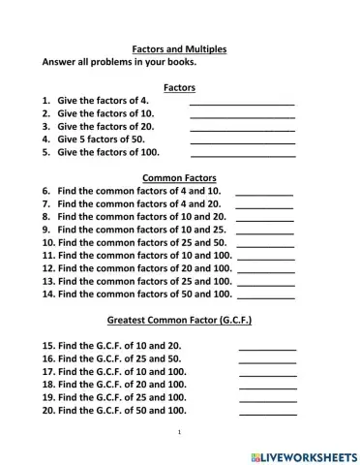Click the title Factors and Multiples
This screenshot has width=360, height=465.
tap(179, 47)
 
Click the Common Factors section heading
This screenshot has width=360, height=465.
tap(179, 178)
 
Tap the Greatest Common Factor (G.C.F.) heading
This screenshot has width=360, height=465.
tap(179, 320)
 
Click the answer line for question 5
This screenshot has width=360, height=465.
tap(243, 154)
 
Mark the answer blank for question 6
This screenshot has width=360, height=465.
tap(264, 194)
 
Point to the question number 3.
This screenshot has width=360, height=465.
tap(45, 126)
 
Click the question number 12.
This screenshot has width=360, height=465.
tap(48, 268)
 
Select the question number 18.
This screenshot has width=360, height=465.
tap(48, 385)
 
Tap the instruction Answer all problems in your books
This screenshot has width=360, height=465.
tap(119, 62)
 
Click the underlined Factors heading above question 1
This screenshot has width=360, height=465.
tap(180, 87)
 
